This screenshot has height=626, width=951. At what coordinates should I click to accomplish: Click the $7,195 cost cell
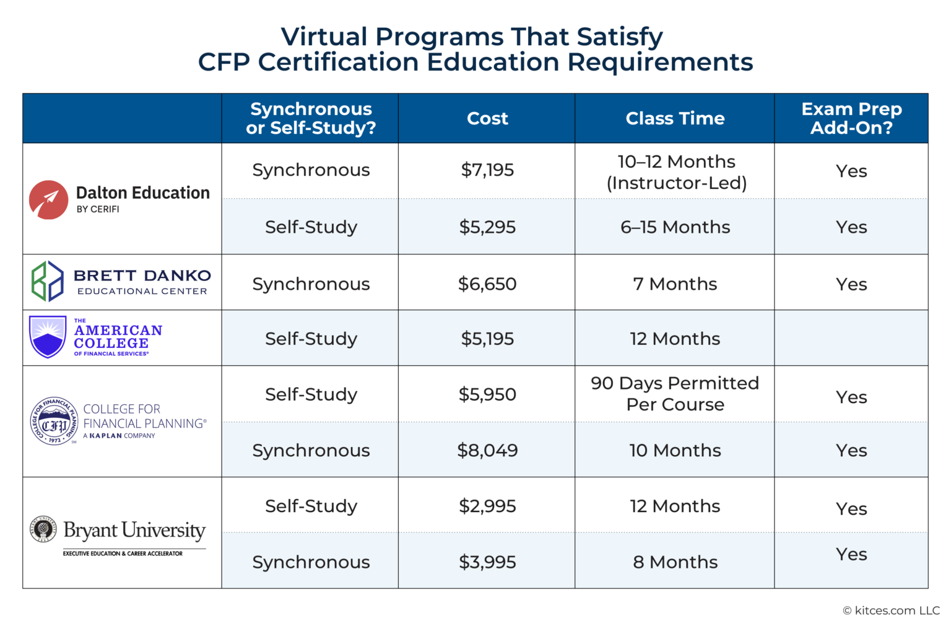(x=487, y=170)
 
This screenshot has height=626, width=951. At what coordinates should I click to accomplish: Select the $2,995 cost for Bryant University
(x=487, y=506)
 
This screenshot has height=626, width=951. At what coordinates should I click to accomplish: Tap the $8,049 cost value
(x=487, y=451)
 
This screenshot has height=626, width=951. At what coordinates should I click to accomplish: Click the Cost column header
(x=487, y=118)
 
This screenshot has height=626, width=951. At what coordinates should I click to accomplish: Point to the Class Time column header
(x=675, y=118)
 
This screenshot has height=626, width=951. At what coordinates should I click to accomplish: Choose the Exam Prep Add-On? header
(x=851, y=118)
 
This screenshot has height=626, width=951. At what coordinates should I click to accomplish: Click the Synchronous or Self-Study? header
(x=311, y=118)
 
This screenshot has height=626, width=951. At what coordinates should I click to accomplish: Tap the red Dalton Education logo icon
(x=48, y=200)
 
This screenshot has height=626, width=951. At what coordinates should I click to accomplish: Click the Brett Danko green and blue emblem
(x=48, y=281)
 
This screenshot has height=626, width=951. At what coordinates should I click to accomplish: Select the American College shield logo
(x=48, y=336)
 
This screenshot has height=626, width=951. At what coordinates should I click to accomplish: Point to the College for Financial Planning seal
(x=54, y=422)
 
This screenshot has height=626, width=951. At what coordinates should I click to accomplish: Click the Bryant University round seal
(x=43, y=529)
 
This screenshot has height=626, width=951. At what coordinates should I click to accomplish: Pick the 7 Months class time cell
(x=675, y=284)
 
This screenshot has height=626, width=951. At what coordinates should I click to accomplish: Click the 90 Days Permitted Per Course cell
(x=675, y=394)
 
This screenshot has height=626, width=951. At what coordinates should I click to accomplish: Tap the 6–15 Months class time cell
(x=675, y=227)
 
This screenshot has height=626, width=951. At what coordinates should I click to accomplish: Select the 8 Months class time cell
(x=675, y=562)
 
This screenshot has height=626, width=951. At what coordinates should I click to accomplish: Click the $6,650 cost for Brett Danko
(x=487, y=284)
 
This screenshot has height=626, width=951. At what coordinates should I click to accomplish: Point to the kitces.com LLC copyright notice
(x=891, y=611)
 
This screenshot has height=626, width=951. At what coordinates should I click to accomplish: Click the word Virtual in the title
(x=324, y=37)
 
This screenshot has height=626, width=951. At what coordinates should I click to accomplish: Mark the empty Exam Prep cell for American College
(x=851, y=338)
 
